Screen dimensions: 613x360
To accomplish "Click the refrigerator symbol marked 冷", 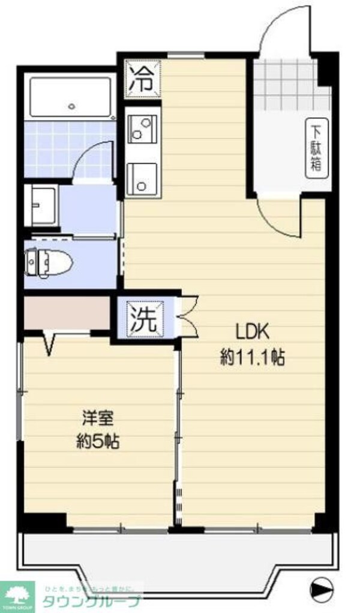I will (143, 79).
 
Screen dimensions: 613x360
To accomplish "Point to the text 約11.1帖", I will (253, 358).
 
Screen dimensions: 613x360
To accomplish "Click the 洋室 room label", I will (98, 416).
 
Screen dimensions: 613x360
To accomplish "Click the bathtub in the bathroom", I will (71, 98).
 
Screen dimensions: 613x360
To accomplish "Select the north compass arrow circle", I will (322, 586).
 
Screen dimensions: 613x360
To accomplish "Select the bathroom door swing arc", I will (95, 157).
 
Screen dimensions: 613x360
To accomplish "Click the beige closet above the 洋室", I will (66, 312).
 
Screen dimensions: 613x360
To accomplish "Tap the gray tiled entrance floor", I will (282, 87).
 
